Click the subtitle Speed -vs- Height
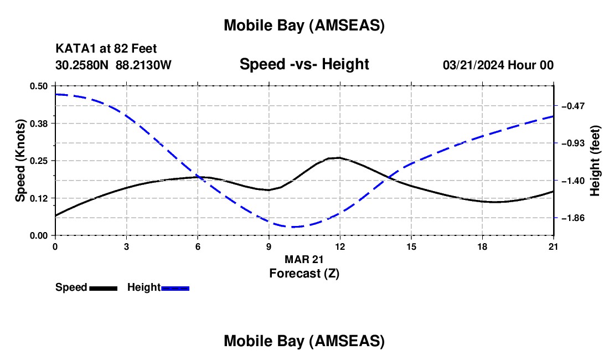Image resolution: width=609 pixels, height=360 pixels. click(304, 64)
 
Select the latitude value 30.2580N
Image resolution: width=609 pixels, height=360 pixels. click(82, 65)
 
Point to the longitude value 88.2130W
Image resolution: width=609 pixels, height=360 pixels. click(144, 65)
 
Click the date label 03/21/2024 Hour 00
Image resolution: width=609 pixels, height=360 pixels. click(498, 65)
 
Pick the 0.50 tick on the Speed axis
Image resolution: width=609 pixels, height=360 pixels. click(39, 86)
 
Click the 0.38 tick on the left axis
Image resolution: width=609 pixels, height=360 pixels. click(39, 123)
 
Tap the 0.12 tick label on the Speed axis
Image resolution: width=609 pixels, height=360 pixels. click(39, 198)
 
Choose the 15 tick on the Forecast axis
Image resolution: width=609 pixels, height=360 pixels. click(411, 246)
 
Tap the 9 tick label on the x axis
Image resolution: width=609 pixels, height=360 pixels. click(269, 246)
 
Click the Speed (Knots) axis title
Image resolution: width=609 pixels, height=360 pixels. click(20, 161)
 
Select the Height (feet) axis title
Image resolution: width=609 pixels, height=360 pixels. click(595, 161)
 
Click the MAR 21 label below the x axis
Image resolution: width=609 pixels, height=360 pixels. click(304, 259)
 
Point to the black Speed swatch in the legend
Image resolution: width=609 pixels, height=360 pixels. click(103, 288)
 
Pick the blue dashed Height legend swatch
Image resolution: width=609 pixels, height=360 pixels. click(175, 288)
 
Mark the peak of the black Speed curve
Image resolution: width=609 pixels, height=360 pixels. click(338, 158)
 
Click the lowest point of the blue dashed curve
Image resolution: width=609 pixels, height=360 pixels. click(292, 227)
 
